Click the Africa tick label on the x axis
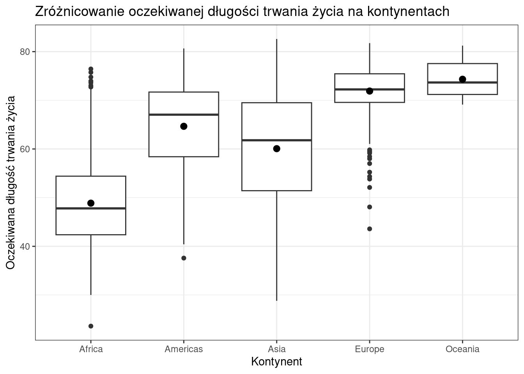[91, 349]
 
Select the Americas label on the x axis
[184, 349]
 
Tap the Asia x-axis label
[276, 349]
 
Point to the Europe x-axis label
[369, 349]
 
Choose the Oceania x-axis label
[462, 349]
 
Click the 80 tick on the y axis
[25, 52]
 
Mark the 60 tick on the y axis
[25, 149]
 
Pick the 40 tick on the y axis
[25, 247]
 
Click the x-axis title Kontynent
[276, 362]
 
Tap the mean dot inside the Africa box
[91, 203]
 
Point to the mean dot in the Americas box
[184, 126]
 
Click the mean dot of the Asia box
[276, 148]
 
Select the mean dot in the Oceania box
[462, 79]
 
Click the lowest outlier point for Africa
[91, 326]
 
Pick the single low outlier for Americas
[184, 258]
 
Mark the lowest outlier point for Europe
[370, 229]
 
